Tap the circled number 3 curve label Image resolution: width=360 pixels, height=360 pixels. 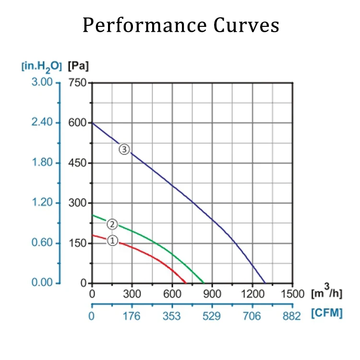[x=125, y=150]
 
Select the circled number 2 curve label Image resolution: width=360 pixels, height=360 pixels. [x=112, y=224]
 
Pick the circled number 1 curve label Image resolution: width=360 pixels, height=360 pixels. [x=112, y=241]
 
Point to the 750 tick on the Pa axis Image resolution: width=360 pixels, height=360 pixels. [x=77, y=83]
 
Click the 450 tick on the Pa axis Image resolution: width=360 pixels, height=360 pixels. [x=77, y=163]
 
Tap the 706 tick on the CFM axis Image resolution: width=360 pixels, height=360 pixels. [x=252, y=316]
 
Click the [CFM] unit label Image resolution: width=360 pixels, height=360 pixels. [x=327, y=313]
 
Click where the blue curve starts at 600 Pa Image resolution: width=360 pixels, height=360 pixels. [x=93, y=123]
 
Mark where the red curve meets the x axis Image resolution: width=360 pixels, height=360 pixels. [x=185, y=283]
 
